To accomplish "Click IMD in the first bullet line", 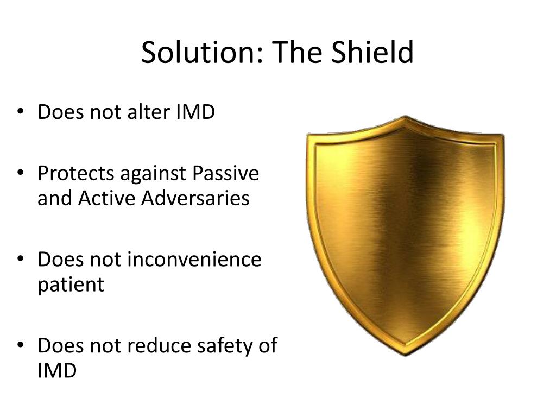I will click(x=195, y=112).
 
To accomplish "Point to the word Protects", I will click(x=77, y=174).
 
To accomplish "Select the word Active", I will click(x=107, y=198).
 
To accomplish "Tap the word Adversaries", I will click(x=196, y=198).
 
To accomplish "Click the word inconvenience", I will click(x=194, y=260).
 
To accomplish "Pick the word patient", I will click(x=71, y=285).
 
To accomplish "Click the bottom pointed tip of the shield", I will click(x=405, y=355).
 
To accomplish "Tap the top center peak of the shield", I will click(x=405, y=117).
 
